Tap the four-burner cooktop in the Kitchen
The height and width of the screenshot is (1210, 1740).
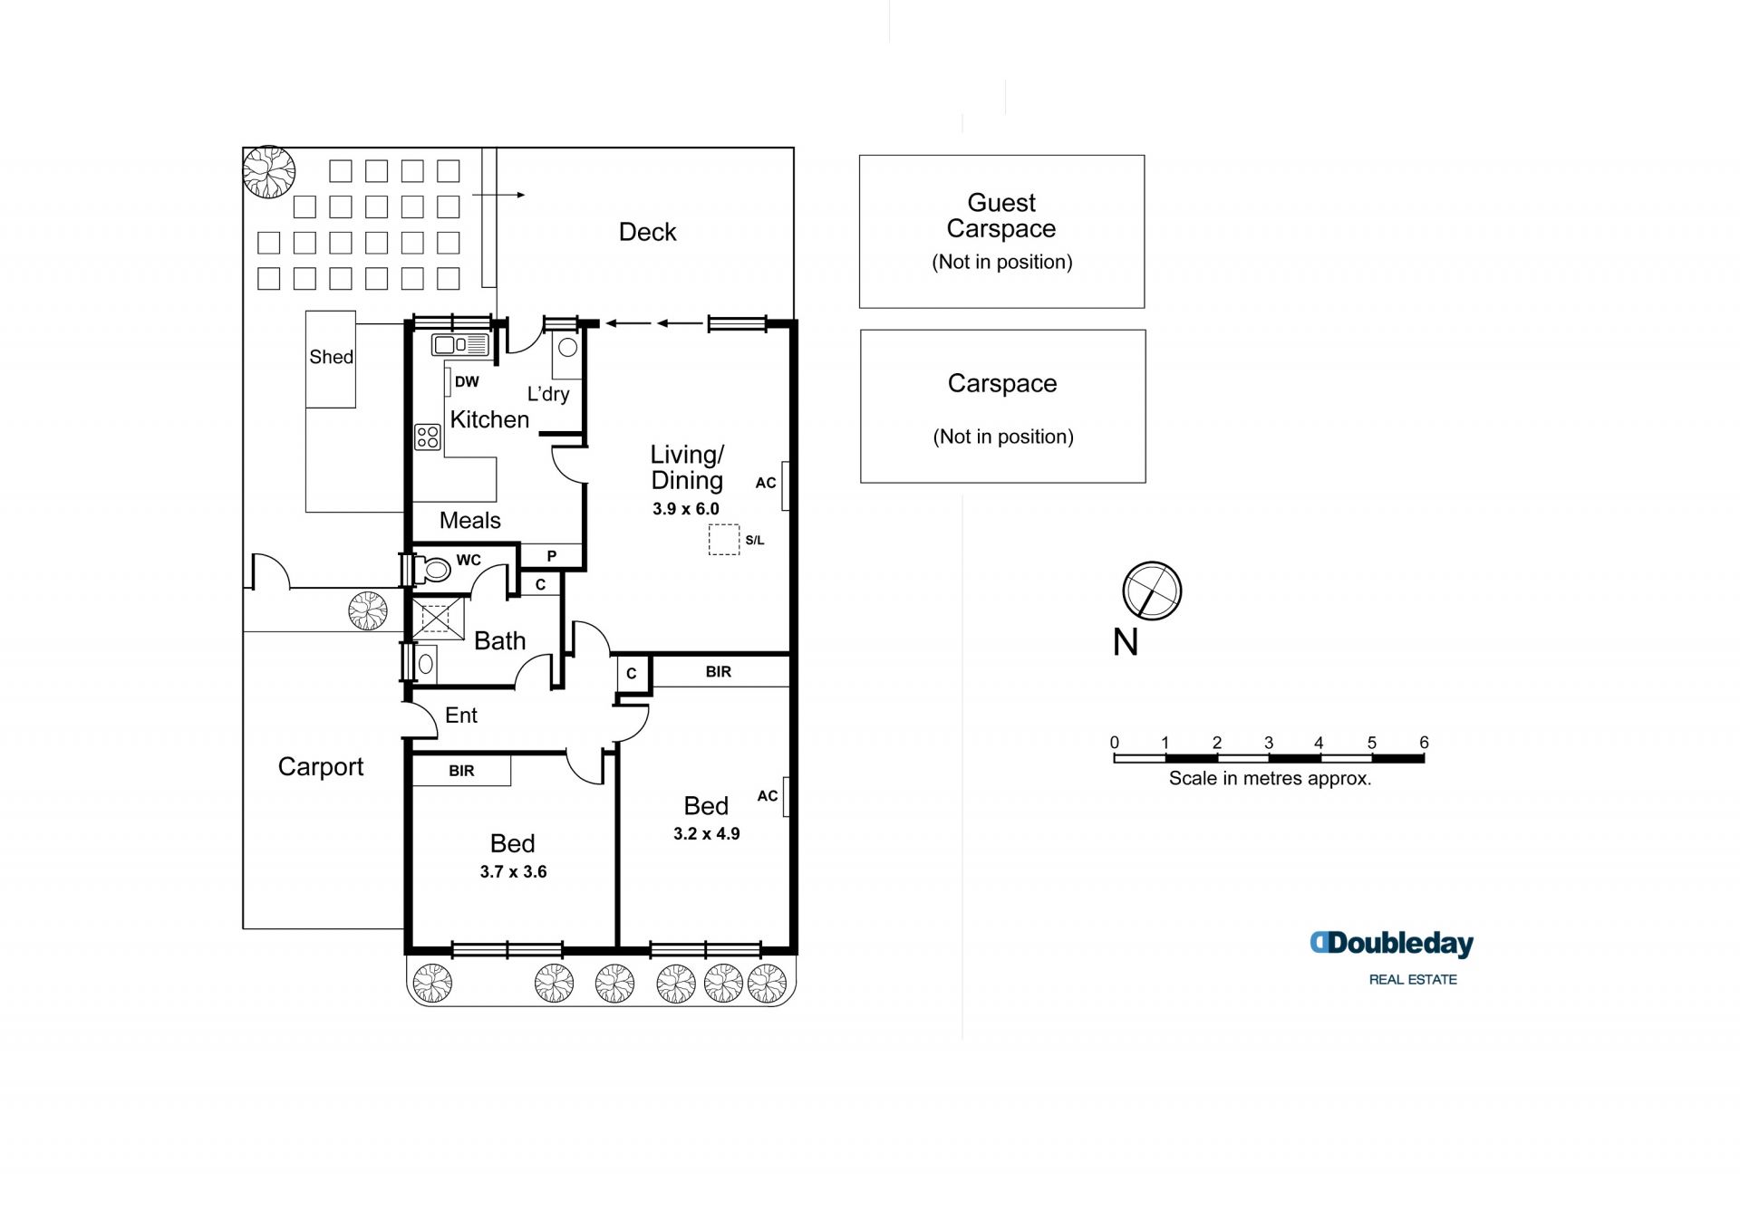click(x=428, y=437)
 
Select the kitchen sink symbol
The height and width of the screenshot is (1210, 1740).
click(x=460, y=344)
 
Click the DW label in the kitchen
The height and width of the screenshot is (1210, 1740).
click(x=467, y=382)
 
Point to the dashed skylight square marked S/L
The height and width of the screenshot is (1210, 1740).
click(x=724, y=539)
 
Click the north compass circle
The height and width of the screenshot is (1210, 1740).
click(x=1152, y=591)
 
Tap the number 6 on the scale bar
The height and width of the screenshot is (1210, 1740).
click(x=1424, y=743)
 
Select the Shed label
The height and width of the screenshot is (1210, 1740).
click(x=332, y=357)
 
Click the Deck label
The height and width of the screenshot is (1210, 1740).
click(x=647, y=232)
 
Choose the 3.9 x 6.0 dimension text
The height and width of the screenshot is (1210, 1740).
click(x=686, y=509)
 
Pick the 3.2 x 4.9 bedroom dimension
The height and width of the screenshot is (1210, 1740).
click(x=707, y=834)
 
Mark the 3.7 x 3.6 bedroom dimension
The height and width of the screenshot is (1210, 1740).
click(x=514, y=872)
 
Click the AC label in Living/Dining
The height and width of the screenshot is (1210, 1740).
click(x=766, y=483)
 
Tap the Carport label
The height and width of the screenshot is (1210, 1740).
click(x=321, y=767)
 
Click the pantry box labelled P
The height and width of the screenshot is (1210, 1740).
click(x=552, y=556)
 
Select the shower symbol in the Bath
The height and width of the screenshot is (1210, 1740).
click(x=437, y=619)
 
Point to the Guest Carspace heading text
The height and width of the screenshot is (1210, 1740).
click(x=1001, y=216)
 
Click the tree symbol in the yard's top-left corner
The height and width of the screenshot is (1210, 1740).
click(x=269, y=171)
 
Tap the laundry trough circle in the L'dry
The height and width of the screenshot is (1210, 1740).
click(x=568, y=347)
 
